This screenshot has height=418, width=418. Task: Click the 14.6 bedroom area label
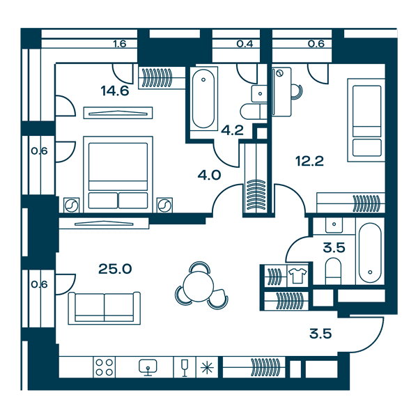(x=115, y=91)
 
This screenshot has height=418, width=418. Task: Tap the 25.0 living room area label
(x=115, y=269)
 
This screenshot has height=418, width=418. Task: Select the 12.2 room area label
(x=309, y=161)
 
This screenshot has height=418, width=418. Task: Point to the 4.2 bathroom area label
(x=233, y=130)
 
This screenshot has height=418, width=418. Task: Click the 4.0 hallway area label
(x=209, y=175)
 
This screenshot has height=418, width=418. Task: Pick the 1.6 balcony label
(x=120, y=43)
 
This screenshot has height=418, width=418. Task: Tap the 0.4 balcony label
(x=245, y=43)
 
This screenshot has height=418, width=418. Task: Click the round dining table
(x=199, y=286)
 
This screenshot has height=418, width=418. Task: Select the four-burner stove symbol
(x=104, y=367)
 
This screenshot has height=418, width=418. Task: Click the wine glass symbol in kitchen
(x=185, y=368)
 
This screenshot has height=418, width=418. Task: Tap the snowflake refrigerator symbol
(x=207, y=368)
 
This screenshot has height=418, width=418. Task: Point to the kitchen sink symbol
(x=148, y=368)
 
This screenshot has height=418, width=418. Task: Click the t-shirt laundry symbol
(x=297, y=276)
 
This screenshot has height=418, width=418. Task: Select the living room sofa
(x=104, y=308)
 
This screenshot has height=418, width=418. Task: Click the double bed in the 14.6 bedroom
(x=118, y=174)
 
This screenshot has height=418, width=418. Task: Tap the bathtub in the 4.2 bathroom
(x=203, y=99)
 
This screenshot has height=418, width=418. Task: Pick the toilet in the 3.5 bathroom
(x=333, y=271)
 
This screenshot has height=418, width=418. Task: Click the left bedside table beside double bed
(x=72, y=206)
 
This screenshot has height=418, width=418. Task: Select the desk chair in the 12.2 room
(x=297, y=92)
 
